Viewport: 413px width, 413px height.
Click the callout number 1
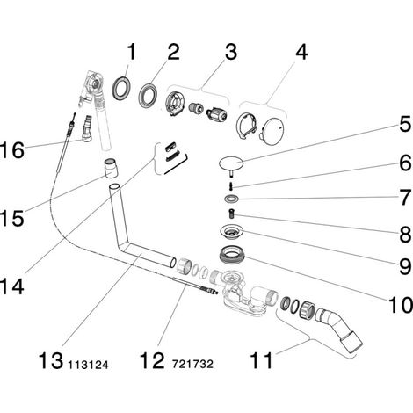pyautogui.click(x=132, y=52)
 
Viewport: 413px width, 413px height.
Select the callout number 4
pyautogui.click(x=301, y=52)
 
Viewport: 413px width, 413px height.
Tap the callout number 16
pyautogui.click(x=11, y=150)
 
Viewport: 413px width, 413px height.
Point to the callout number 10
pyautogui.click(x=400, y=304)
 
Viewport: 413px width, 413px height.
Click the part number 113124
pyautogui.click(x=88, y=365)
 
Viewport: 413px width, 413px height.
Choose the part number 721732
pyautogui.click(x=192, y=364)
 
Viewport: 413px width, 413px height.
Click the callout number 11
pyautogui.click(x=261, y=360)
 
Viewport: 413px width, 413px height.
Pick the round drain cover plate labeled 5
pyautogui.click(x=231, y=163)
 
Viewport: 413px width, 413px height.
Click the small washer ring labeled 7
pyautogui.click(x=231, y=199)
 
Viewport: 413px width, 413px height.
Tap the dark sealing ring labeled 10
pyautogui.click(x=232, y=254)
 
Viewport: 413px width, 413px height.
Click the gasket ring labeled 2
pyautogui.click(x=148, y=95)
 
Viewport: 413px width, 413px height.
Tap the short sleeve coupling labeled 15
pyautogui.click(x=112, y=168)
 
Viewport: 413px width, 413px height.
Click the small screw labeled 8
pyautogui.click(x=232, y=214)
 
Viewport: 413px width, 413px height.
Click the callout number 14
pyautogui.click(x=11, y=286)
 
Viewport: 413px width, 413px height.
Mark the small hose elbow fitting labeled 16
pyautogui.click(x=87, y=129)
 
